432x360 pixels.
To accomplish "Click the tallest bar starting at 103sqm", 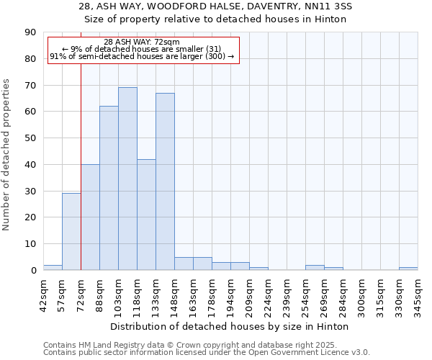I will click(127, 179).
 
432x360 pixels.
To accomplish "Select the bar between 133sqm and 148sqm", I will click(165, 181).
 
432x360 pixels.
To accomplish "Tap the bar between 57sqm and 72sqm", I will click(71, 232).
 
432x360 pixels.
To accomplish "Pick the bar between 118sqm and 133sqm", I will click(146, 215).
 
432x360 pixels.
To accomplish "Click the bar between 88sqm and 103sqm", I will click(109, 188).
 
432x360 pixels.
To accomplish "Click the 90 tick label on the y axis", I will click(32, 32).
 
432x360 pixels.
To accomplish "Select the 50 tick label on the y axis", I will click(32, 138).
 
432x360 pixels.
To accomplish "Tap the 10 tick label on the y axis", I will click(32, 244).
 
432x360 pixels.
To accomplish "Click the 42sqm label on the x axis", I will click(43, 295).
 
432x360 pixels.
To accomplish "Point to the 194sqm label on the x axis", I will click(230, 296).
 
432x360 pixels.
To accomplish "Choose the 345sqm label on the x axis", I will click(418, 296).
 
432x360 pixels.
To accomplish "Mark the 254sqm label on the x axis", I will click(305, 296).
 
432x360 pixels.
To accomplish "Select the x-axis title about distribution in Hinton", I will click(230, 327).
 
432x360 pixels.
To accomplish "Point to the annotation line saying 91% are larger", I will click(142, 56).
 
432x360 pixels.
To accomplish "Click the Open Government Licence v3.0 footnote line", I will click(206, 353).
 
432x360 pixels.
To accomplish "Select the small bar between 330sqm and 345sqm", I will click(408, 269).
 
